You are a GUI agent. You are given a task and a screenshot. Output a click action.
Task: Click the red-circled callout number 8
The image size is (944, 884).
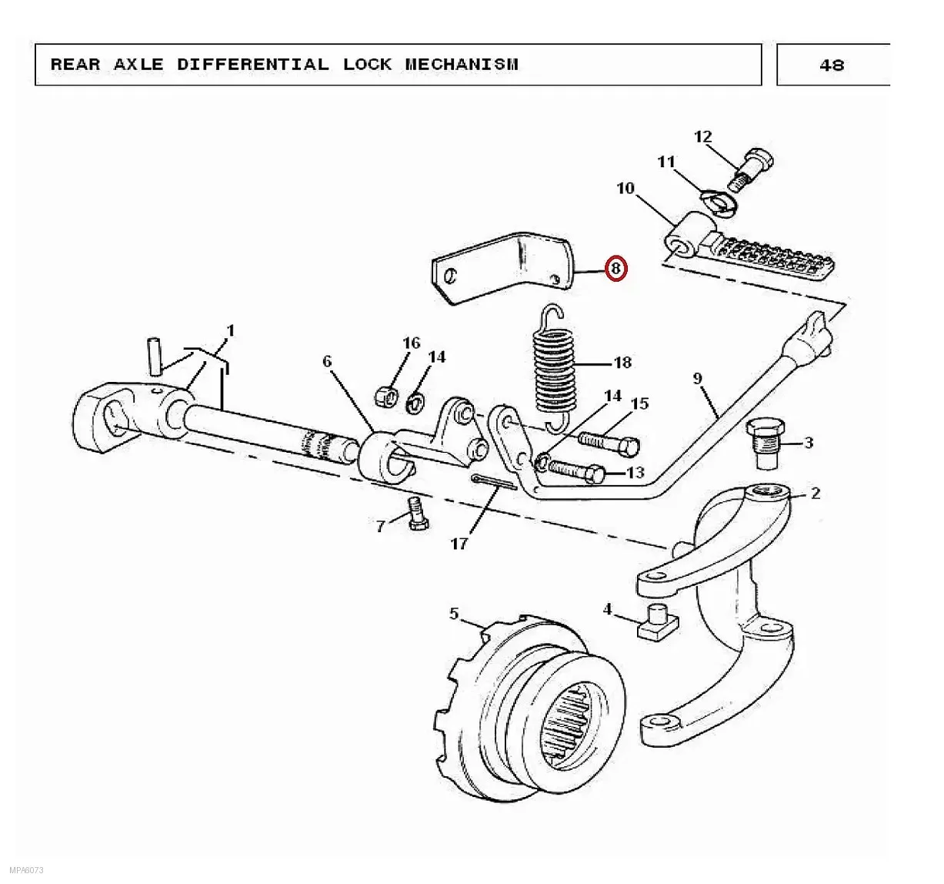[x=615, y=269]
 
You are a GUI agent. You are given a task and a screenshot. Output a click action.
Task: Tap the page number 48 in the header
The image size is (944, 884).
[x=832, y=65]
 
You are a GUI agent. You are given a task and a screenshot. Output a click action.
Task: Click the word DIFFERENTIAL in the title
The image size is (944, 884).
[x=253, y=64]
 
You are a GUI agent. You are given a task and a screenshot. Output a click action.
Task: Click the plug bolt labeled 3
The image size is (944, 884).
[x=766, y=444]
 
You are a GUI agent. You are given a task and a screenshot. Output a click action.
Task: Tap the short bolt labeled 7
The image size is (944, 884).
[x=417, y=513]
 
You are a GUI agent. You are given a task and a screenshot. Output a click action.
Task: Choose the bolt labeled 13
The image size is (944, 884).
[x=576, y=471]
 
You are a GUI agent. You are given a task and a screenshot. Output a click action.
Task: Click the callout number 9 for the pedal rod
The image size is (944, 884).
[x=697, y=378]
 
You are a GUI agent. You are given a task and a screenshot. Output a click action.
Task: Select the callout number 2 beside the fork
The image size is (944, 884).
[x=816, y=494]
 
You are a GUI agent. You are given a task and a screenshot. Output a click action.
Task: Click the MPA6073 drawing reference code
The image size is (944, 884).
[x=26, y=870]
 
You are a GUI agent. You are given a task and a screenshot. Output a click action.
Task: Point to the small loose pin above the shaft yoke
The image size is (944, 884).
[x=155, y=356]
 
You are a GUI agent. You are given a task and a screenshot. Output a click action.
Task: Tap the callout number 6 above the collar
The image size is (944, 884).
[x=327, y=361]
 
